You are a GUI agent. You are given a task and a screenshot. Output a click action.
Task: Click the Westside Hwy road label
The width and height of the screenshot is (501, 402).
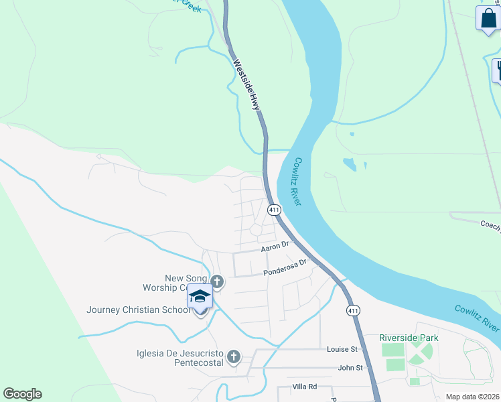pos(246,84)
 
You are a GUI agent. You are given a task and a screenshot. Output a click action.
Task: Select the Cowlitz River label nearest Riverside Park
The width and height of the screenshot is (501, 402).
pos(476,318)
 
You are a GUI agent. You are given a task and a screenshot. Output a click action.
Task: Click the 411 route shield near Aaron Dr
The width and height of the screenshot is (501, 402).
pos(274,210)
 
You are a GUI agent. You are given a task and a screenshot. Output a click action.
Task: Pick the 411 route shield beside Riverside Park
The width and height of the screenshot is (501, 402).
pos(352,310)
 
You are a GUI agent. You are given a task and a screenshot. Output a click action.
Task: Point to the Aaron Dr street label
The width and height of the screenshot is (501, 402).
pos(274,247)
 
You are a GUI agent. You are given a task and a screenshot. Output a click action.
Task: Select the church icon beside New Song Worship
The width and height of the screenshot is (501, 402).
pos(216,281)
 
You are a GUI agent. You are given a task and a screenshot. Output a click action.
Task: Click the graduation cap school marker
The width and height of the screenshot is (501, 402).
pos(200,295)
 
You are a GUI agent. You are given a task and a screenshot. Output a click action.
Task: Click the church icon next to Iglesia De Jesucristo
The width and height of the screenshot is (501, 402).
pos(233,356)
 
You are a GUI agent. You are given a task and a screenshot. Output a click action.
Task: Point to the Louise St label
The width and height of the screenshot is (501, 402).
pos(342,349)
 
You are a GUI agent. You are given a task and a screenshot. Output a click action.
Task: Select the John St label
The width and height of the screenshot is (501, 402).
pos(350,367)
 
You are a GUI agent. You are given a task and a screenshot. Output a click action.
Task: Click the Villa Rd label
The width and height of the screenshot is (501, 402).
pos(304,387)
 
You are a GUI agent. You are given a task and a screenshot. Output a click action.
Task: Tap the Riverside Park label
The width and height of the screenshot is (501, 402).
pos(409,338)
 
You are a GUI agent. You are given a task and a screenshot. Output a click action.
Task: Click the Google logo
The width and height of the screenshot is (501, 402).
pos(22,394)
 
